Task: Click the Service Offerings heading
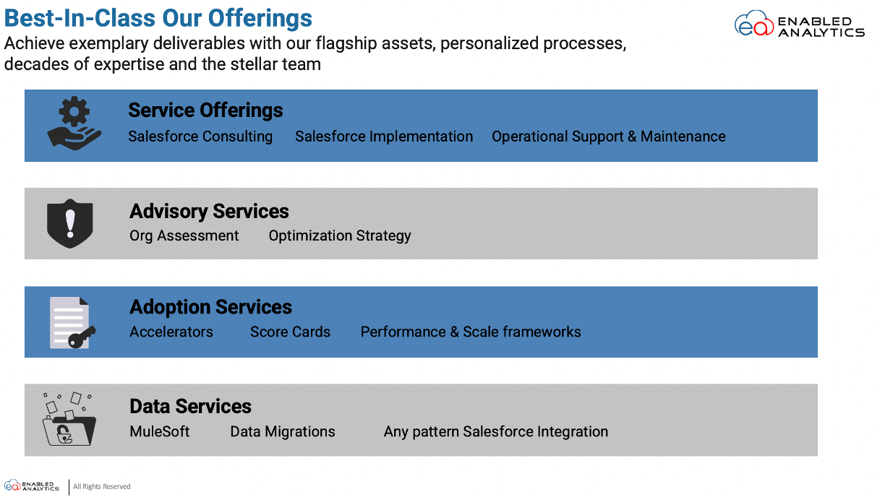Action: point(205,110)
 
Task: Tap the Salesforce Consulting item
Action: point(200,137)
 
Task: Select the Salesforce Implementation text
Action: point(384,137)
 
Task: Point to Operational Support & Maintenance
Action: point(609,137)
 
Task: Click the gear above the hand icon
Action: point(74,111)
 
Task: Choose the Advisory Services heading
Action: point(209,211)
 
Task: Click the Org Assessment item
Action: point(184,235)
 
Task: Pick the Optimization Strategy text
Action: point(340,235)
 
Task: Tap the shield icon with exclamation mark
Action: point(70,223)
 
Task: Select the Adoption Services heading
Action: point(210,307)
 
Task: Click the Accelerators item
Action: point(171,332)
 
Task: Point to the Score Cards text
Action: point(290,332)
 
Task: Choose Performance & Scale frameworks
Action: point(471,332)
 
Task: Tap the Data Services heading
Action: point(190,406)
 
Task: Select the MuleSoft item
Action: point(160,431)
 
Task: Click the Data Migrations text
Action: point(283,431)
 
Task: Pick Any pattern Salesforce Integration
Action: point(496,431)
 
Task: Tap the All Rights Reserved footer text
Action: point(101,486)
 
